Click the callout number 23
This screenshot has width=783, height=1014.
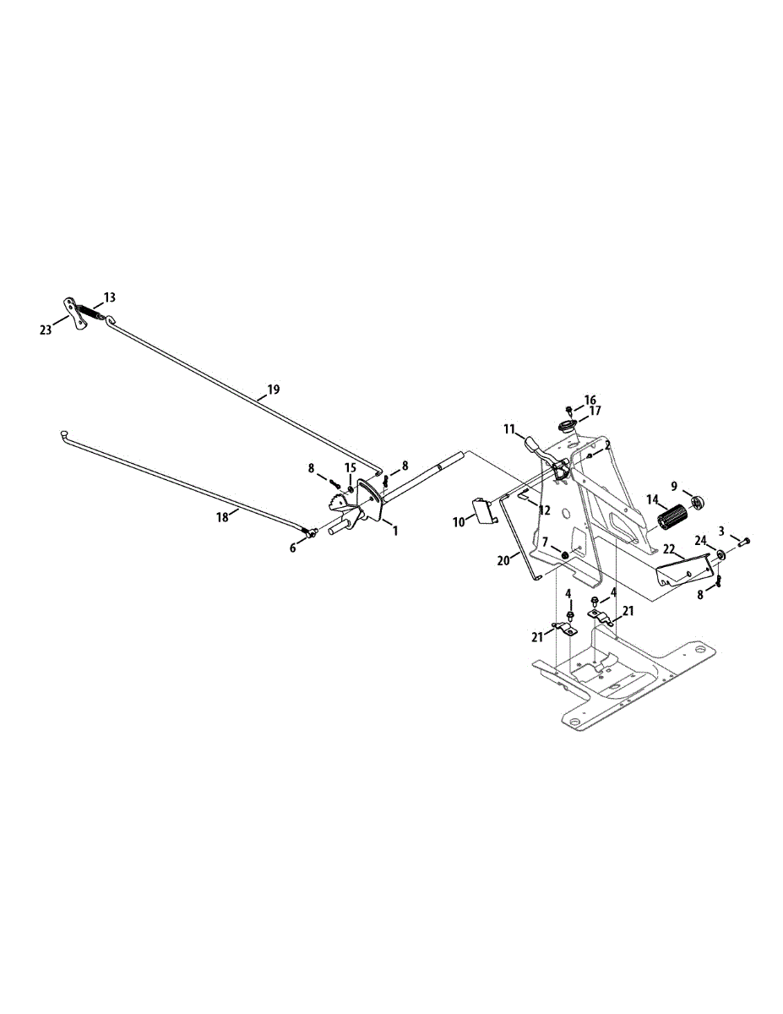pos(46,330)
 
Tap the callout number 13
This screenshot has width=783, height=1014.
pos(111,297)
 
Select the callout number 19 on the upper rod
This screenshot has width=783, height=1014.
pos(273,390)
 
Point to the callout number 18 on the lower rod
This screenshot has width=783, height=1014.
pos(222,517)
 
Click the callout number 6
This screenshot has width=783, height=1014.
pos(293,548)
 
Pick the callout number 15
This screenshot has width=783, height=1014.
pos(350,468)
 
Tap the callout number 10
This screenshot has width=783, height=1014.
pos(459,522)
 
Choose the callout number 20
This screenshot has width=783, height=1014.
pos(503,559)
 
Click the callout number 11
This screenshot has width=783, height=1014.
pos(509,429)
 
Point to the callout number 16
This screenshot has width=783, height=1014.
pos(590,400)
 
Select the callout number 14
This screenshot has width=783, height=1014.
pos(653,499)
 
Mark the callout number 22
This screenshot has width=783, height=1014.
pos(668,549)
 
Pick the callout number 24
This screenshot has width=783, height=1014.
pos(700,540)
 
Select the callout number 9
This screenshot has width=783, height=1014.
pos(674,486)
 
